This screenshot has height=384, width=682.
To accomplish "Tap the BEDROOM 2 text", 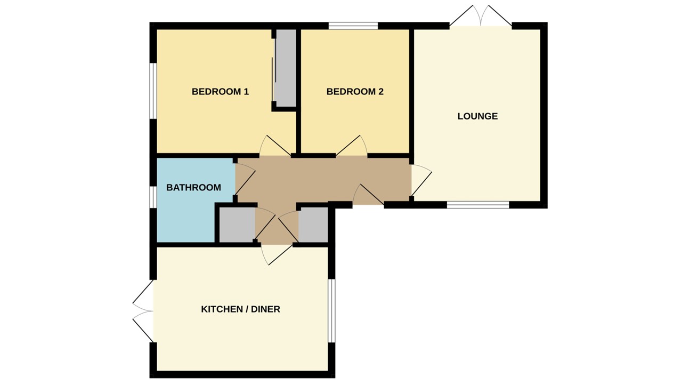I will (x=355, y=92).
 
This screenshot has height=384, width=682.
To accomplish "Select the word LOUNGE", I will (x=477, y=116).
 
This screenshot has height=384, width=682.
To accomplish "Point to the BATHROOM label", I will (x=193, y=188).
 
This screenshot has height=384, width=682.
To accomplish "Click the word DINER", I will (x=265, y=309).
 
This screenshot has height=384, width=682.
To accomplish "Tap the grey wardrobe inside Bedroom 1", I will (x=286, y=67).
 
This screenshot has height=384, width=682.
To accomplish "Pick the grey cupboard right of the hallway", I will (x=313, y=225).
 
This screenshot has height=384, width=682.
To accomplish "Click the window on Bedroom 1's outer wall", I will (x=152, y=91).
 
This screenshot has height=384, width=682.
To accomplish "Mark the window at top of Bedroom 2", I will (x=353, y=26).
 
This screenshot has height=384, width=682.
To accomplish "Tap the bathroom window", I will (x=152, y=196).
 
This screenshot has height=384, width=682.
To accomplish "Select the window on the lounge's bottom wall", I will (x=477, y=204).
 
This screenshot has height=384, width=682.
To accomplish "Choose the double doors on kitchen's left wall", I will (x=143, y=311).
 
